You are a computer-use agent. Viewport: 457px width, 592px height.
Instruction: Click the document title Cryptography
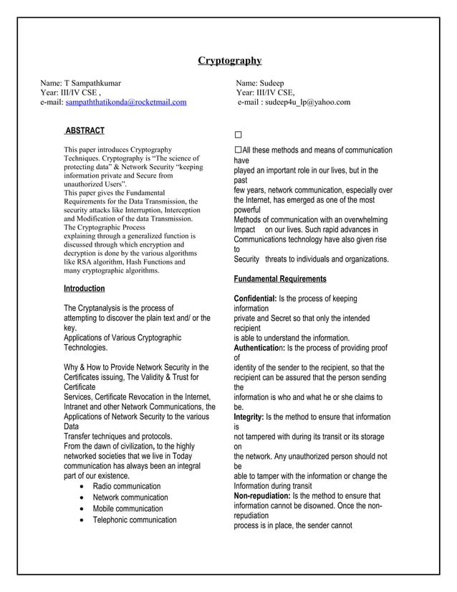[229, 60]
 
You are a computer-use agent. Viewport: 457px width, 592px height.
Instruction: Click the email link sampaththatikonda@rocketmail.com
[125, 102]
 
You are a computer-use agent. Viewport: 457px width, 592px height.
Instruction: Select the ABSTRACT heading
[85, 130]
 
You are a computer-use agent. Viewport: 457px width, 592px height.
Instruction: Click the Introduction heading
[84, 288]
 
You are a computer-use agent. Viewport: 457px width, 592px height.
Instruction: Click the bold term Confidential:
[255, 298]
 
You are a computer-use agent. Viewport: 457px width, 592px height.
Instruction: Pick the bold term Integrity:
[249, 416]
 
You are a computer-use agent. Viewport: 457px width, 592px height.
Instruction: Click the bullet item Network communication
[130, 497]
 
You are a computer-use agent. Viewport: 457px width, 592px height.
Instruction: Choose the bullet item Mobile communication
[128, 509]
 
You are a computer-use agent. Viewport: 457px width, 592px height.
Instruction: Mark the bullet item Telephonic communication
[135, 520]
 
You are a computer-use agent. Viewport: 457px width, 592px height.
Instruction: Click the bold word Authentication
[263, 348]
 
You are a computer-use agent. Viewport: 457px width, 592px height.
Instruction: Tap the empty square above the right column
[238, 135]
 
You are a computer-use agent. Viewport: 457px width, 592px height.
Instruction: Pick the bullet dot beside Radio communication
[85, 487]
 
